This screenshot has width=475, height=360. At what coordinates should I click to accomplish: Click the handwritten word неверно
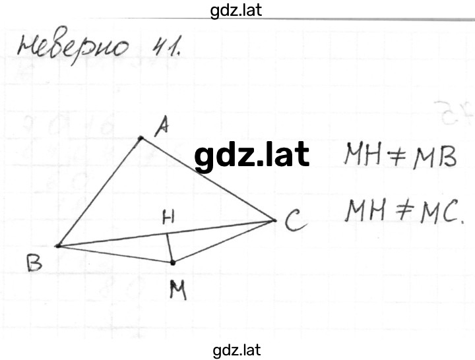(x=73, y=45)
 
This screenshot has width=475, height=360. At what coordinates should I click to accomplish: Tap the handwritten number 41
(x=166, y=46)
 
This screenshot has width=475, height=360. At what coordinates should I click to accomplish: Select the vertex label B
(x=34, y=264)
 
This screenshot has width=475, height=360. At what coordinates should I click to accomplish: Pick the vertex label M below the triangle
(x=178, y=289)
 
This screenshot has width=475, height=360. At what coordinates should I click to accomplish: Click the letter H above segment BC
(x=168, y=218)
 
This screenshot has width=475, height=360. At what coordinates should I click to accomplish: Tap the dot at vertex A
(x=141, y=138)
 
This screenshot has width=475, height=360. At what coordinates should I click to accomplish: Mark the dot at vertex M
(x=173, y=262)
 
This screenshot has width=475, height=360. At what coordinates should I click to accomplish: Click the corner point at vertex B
(x=57, y=246)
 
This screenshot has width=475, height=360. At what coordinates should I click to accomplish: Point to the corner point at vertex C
(x=274, y=220)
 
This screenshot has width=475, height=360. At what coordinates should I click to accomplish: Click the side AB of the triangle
(x=99, y=192)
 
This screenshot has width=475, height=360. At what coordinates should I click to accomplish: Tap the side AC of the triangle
(x=208, y=179)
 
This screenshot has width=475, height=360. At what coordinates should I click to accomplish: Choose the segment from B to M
(x=115, y=254)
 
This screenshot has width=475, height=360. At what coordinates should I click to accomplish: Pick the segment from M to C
(x=224, y=241)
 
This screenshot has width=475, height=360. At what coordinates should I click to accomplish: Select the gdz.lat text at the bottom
(x=237, y=350)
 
